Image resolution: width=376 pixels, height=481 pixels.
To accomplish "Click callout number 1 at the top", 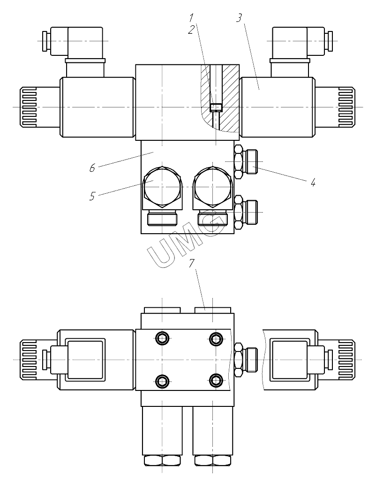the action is tap(192, 17).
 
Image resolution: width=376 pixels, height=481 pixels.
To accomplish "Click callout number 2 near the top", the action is tap(192, 30).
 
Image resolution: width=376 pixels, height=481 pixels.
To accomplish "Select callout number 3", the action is tap(239, 18).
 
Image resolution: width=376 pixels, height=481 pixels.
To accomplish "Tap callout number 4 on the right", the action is tap(313, 183).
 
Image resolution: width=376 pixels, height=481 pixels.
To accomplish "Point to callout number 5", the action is tap(92, 196).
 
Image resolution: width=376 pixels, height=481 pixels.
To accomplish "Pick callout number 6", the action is tap(92, 168).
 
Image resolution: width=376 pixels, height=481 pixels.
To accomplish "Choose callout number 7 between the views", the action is tap(192, 263).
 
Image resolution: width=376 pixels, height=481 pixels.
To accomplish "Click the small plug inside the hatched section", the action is tap(216, 107).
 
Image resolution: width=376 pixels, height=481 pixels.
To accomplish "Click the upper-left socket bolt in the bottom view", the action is tap(162, 338).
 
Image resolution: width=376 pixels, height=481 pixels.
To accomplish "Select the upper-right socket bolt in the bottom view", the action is tap(216, 338).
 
